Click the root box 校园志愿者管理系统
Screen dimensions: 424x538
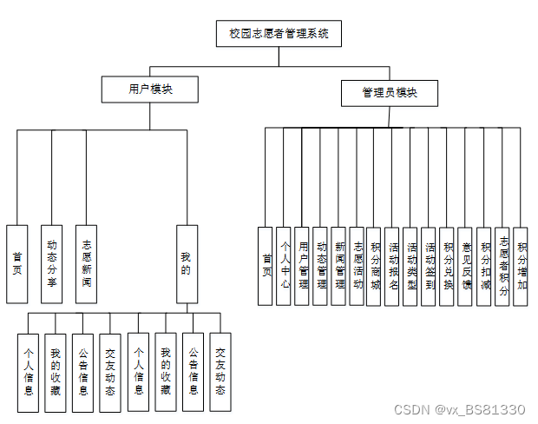(x=279, y=33)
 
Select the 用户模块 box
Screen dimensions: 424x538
(x=150, y=89)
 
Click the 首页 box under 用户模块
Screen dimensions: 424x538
(x=17, y=263)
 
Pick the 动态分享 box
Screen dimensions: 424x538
(x=52, y=263)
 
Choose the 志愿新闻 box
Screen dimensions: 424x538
(x=86, y=263)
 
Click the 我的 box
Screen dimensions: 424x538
(x=187, y=263)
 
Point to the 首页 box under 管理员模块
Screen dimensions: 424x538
(x=266, y=265)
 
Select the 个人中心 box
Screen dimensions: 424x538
(x=285, y=265)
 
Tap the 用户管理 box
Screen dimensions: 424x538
(x=303, y=265)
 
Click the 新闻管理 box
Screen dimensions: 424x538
(x=339, y=265)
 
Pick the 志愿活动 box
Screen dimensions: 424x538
(x=358, y=265)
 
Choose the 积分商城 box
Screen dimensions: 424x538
(x=376, y=265)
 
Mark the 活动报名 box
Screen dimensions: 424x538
(x=394, y=265)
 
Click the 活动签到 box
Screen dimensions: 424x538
(x=430, y=265)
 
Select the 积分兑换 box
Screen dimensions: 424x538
(x=449, y=265)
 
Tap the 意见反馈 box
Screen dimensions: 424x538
(x=467, y=265)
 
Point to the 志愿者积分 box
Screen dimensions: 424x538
(x=503, y=265)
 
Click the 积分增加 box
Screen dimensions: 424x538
(x=521, y=265)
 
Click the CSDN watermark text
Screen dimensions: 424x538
(x=459, y=409)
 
